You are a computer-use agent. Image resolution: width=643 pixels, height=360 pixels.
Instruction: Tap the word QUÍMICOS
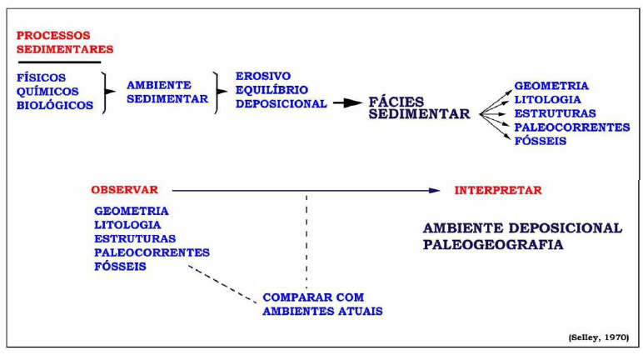pyautogui.click(x=47, y=91)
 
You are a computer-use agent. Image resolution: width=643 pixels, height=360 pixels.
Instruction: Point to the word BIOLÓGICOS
pyautogui.click(x=55, y=105)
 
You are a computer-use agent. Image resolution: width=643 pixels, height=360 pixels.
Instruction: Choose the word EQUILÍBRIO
pyautogui.click(x=272, y=89)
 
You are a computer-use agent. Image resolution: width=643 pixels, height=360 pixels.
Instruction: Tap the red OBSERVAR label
pyautogui.click(x=125, y=190)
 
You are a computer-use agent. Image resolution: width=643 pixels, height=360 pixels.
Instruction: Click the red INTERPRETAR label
pyautogui.click(x=498, y=190)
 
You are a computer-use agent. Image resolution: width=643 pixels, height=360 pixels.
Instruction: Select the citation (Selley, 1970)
pyautogui.click(x=599, y=337)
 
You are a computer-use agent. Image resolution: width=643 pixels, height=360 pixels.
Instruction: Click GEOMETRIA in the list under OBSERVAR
pyautogui.click(x=132, y=211)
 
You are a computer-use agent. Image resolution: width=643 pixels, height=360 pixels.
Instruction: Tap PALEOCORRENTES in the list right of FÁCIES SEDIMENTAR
pyautogui.click(x=571, y=127)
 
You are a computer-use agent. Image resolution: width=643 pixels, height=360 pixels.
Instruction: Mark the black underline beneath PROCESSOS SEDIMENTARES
pyautogui.click(x=59, y=62)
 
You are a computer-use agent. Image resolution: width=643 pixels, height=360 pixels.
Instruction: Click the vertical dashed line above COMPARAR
pyautogui.click(x=306, y=242)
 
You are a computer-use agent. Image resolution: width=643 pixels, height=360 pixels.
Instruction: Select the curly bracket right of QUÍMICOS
pyautogui.click(x=104, y=92)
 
